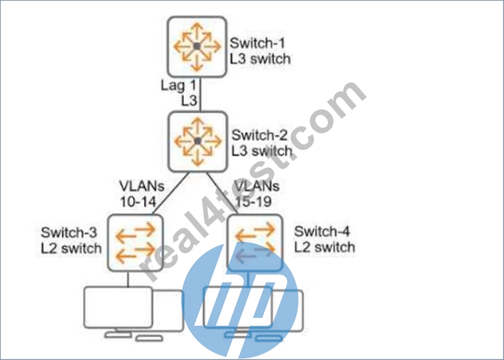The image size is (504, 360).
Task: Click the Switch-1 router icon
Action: click(x=197, y=46)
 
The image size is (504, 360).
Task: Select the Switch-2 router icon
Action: click(x=198, y=141)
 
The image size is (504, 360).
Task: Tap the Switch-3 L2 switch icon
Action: click(x=135, y=243)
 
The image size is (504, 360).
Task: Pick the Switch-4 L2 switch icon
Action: click(x=256, y=243)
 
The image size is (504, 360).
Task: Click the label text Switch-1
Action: click(x=258, y=43)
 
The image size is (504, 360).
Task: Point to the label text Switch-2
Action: click(x=259, y=135)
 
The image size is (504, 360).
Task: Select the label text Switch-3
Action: click(x=69, y=232)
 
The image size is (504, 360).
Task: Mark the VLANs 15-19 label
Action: click(x=256, y=194)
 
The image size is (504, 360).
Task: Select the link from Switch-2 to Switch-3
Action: click(x=170, y=193)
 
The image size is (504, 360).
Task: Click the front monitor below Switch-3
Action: click(x=119, y=308)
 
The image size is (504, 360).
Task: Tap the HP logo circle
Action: click(x=240, y=301)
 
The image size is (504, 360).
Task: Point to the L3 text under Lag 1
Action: click(x=188, y=101)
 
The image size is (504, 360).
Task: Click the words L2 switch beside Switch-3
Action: click(x=71, y=248)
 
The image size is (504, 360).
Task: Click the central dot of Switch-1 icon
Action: click(x=197, y=46)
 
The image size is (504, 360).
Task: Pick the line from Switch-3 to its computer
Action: click(x=128, y=279)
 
